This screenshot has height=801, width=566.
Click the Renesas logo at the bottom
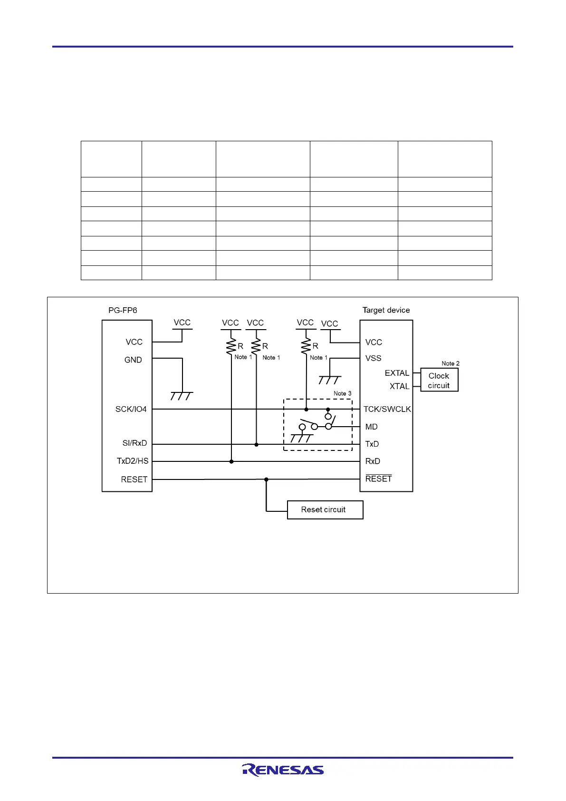(283, 770)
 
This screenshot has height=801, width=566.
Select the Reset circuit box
(325, 509)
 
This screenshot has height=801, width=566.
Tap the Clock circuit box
(439, 381)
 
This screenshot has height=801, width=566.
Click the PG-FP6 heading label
(123, 310)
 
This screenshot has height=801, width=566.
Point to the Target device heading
(386, 310)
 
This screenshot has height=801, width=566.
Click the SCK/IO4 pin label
(131, 409)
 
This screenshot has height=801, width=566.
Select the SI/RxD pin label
(134, 443)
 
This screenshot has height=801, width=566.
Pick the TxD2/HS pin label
(133, 461)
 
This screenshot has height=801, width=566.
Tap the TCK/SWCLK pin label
(387, 409)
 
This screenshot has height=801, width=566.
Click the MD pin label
(371, 427)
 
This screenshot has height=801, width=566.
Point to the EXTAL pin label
(397, 373)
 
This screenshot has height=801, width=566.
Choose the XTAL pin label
(399, 386)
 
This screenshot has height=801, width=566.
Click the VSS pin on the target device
(373, 358)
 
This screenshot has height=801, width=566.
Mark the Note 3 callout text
(342, 393)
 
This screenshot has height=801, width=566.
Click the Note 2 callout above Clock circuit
(451, 363)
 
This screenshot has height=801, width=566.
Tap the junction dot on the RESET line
(266, 479)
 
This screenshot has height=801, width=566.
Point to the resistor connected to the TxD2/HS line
(231, 345)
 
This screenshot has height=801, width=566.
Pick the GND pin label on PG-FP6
(133, 360)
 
